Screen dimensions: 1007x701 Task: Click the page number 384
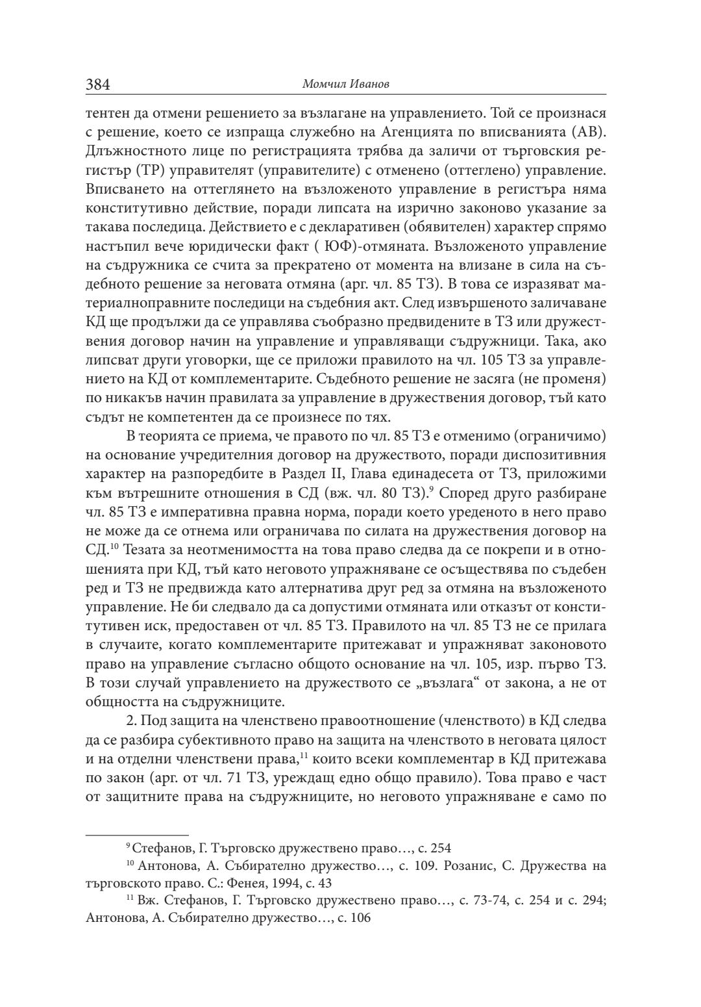(98, 84)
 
